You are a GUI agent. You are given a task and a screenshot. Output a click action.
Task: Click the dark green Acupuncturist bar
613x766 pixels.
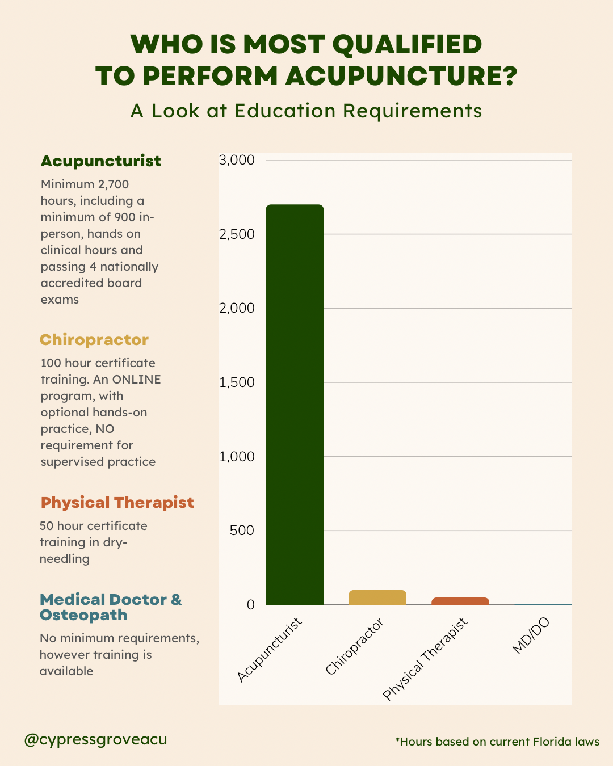[295, 404]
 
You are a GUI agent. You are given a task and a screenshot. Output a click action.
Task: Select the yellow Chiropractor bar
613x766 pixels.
[377, 597]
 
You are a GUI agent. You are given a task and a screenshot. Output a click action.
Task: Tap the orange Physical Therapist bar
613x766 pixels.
[460, 601]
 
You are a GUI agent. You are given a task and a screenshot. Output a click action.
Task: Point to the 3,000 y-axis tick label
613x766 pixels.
[237, 160]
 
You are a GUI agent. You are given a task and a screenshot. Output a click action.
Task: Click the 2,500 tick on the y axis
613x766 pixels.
[237, 234]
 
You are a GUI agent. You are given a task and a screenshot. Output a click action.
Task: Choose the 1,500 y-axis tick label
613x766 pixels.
[237, 382]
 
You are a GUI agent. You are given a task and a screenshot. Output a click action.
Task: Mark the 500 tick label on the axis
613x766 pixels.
[242, 531]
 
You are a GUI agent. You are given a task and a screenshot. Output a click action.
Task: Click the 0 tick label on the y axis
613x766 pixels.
[250, 605]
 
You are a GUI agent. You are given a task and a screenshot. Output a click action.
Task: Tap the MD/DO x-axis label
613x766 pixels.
[531, 635]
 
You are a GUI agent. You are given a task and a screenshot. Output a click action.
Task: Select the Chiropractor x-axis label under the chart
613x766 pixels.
[355, 646]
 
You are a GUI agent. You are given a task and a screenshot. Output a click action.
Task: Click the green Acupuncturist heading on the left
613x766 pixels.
[100, 161]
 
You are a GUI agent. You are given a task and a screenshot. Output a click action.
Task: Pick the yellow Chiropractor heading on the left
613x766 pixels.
[94, 340]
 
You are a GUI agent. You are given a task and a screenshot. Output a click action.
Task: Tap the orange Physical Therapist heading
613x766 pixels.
[117, 503]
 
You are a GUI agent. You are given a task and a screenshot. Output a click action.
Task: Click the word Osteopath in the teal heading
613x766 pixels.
[83, 615]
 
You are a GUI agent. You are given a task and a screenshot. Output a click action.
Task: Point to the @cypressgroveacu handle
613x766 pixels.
[95, 739]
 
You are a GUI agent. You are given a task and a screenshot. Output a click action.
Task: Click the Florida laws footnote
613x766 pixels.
[497, 742]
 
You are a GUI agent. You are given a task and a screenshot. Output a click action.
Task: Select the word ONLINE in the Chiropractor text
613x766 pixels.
[136, 380]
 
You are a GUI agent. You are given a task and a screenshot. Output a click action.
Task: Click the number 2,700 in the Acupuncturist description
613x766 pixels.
[114, 184]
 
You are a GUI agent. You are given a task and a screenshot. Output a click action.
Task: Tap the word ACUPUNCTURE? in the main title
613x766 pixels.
[401, 76]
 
